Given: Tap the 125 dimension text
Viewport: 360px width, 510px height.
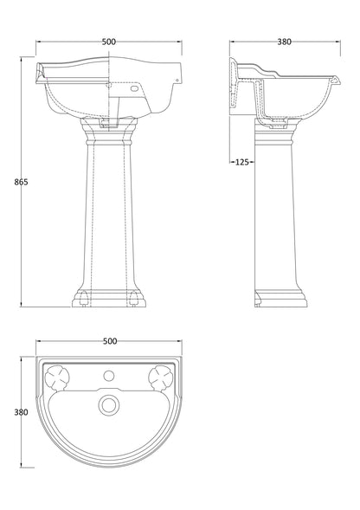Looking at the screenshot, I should click(241, 161).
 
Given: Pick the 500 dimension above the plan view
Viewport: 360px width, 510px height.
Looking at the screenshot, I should click(108, 341).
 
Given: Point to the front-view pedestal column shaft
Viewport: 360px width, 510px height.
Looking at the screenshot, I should click(108, 216).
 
